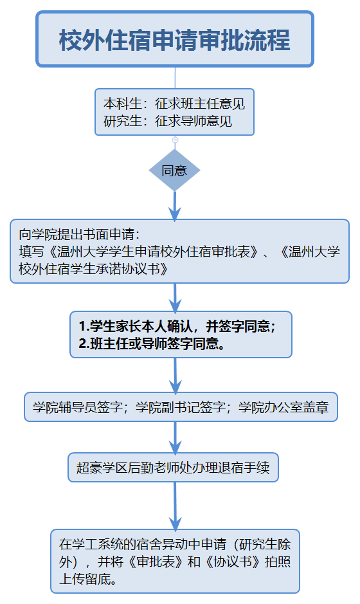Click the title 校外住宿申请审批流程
point(174,40)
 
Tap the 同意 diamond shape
point(174,170)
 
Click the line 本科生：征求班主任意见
point(174,104)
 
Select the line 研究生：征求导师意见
point(168,121)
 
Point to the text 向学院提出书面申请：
point(80,234)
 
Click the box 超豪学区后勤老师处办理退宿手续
point(174,467)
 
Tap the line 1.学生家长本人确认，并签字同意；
point(177,326)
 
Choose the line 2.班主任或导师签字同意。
point(152,343)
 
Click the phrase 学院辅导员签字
point(78,407)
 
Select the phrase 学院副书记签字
point(181,407)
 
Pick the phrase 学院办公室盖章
point(283,407)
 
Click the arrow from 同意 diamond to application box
point(175,206)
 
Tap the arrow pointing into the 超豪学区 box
point(175,438)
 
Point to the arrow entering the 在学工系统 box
point(175,506)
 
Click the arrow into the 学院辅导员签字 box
point(175,376)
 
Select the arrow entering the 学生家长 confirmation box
point(175,298)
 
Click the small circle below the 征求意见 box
point(175,140)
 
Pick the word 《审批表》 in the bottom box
point(156,562)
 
